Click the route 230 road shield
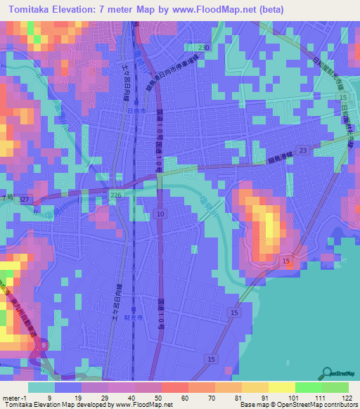(203, 47)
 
